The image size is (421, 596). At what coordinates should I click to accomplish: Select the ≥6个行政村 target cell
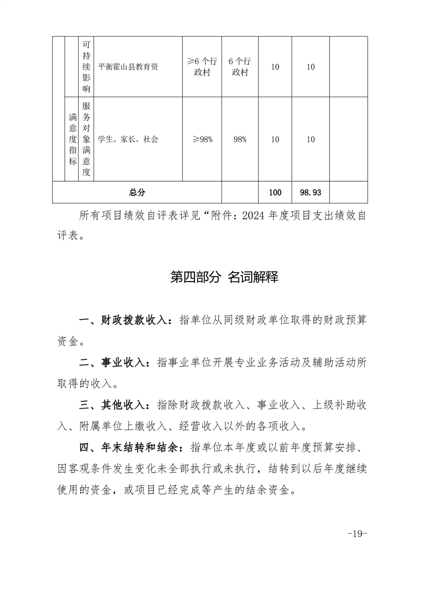[202, 67]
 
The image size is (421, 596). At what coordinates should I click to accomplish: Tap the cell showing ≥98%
[202, 139]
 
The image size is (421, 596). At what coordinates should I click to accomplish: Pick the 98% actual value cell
[240, 139]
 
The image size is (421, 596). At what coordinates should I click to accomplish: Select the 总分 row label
[137, 192]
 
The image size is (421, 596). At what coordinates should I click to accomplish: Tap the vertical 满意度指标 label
[72, 139]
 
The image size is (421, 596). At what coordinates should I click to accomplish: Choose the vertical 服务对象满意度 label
[87, 139]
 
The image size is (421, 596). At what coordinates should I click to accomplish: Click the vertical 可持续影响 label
[87, 67]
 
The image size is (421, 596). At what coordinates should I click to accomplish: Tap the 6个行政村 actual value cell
[240, 67]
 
